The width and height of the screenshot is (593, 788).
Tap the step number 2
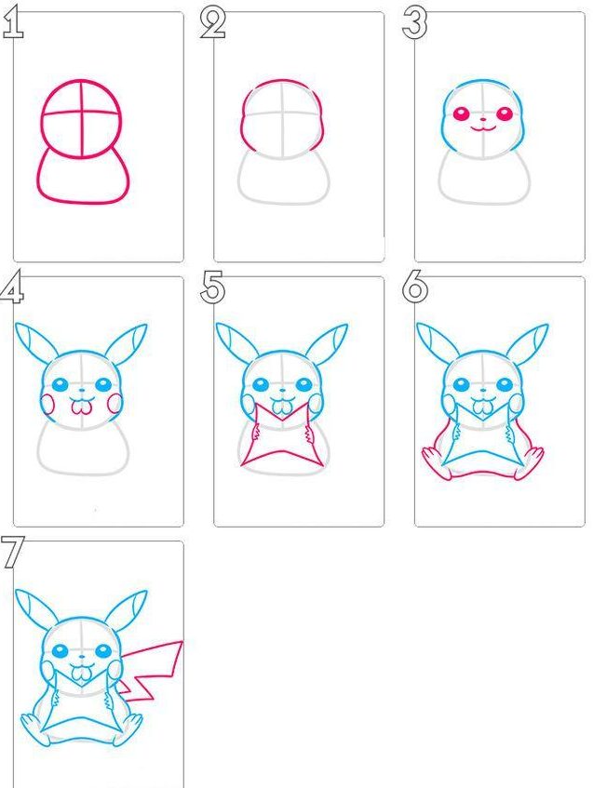pos(213,23)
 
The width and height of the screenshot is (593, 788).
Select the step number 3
pos(415,23)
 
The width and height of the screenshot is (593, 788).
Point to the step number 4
pos(12,288)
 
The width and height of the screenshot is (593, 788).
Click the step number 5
pos(213,288)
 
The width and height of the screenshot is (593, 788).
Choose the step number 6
pos(415,288)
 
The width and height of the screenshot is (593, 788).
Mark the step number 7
pos(12,553)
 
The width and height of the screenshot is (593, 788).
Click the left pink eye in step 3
pos(461,114)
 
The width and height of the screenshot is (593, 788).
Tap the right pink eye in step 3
pos(505,114)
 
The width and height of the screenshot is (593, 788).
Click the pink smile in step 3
pos(483,129)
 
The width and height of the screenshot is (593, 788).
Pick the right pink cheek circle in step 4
pos(115,404)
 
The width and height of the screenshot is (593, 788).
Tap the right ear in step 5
pos(327,342)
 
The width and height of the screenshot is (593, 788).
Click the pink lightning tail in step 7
pos(152,668)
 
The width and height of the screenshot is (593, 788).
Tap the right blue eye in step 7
pos(103,651)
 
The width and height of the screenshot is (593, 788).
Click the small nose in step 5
pos(283,390)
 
